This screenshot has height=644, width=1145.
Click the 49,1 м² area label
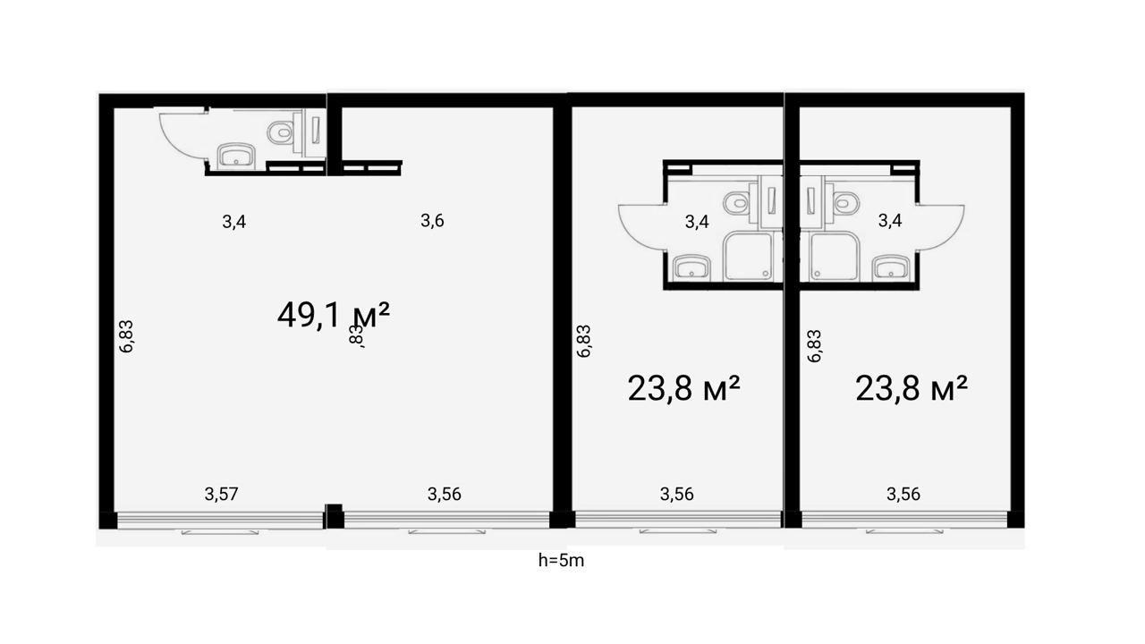(x=334, y=315)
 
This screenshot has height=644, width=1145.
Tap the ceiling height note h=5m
(x=561, y=561)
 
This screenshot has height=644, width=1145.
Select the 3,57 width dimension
(x=221, y=495)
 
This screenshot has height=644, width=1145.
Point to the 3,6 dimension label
(x=432, y=221)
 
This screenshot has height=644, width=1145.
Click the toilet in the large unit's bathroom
(x=280, y=132)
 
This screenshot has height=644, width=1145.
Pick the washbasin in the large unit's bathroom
(x=236, y=156)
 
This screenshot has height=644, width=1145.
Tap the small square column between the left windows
(x=335, y=516)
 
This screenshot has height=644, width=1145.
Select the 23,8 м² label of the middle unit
(x=684, y=388)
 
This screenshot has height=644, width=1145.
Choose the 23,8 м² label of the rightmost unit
(x=912, y=388)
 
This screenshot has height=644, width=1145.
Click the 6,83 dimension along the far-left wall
(x=126, y=336)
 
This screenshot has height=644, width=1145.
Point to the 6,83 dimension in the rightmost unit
(x=814, y=346)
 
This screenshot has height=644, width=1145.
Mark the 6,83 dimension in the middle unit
(x=583, y=341)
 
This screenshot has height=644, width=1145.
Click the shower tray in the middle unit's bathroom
(x=749, y=256)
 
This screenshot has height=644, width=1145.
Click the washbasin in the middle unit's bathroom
(x=691, y=267)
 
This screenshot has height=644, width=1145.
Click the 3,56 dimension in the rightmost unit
(x=903, y=495)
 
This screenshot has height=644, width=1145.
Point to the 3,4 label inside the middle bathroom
(x=697, y=222)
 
